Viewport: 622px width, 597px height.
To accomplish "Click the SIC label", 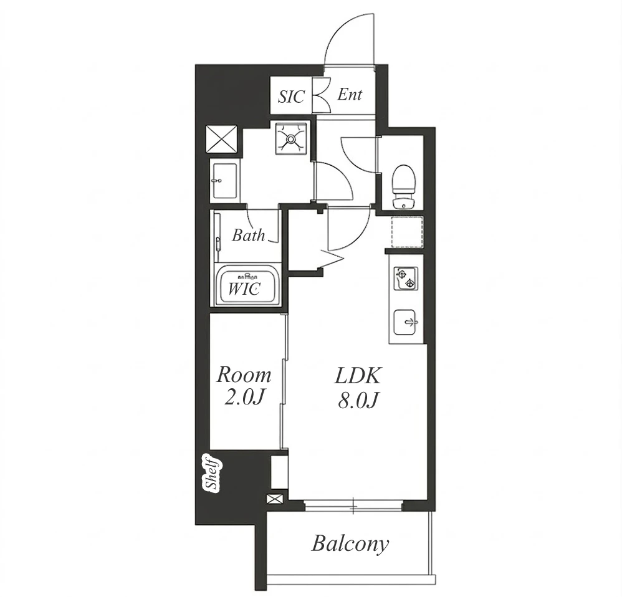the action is click(x=292, y=97).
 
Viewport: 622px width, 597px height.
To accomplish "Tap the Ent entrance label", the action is click(x=350, y=94).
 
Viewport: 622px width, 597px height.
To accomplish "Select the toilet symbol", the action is click(x=403, y=186).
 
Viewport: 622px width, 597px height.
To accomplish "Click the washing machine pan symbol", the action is click(x=291, y=139).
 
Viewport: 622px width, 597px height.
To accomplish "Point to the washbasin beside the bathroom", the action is click(x=224, y=181).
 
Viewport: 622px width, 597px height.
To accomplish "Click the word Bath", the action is click(x=248, y=235).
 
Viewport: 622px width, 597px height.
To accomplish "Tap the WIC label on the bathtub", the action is click(x=244, y=289).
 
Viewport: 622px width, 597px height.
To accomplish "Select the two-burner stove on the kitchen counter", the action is click(x=404, y=279).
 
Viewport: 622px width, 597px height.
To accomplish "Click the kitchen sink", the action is click(x=404, y=322).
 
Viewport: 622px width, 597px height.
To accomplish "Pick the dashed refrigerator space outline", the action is click(x=408, y=232).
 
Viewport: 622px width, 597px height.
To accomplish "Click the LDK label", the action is click(x=357, y=376).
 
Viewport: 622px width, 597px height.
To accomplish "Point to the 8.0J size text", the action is click(x=357, y=401).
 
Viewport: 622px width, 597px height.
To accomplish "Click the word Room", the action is click(x=244, y=375).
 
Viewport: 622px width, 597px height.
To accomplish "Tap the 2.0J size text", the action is click(x=244, y=398).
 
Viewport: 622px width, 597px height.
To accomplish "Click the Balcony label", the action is click(x=350, y=544).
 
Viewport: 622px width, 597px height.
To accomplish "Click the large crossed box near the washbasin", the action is click(x=221, y=139).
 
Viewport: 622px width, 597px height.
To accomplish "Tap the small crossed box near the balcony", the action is click(x=275, y=499).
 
